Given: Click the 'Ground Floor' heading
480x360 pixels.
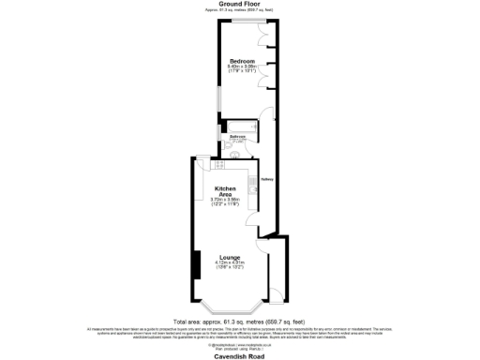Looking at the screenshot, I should click(240, 4).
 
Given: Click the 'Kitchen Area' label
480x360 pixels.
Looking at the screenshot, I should click(223, 192).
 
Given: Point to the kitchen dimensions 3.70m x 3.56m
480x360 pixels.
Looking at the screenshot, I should click(223, 202).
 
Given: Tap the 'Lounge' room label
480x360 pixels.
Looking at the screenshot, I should click(230, 257).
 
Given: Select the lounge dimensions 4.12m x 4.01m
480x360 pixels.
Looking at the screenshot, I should click(230, 262).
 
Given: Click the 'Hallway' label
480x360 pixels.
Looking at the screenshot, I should click(267, 178).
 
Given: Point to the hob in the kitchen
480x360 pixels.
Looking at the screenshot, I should click(218, 165).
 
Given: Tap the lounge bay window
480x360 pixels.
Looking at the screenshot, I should click(230, 309).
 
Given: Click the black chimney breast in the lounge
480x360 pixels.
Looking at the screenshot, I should click(195, 264).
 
